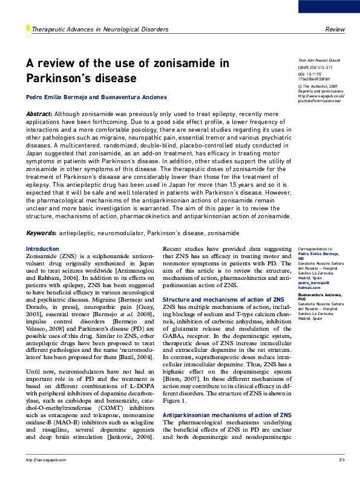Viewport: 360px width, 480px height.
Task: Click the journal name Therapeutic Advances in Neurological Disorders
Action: pos(99,29)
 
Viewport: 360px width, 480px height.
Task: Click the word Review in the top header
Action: pos(335,29)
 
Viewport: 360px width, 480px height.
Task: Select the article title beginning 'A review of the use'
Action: pos(127,71)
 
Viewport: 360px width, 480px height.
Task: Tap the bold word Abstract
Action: pos(39,114)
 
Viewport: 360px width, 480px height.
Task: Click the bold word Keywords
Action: pos(41,233)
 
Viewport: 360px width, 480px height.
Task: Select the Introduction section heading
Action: pos(42,248)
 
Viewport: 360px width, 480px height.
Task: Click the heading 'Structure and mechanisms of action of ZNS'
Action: pos(223,299)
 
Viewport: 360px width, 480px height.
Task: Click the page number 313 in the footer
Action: pos(341,461)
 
